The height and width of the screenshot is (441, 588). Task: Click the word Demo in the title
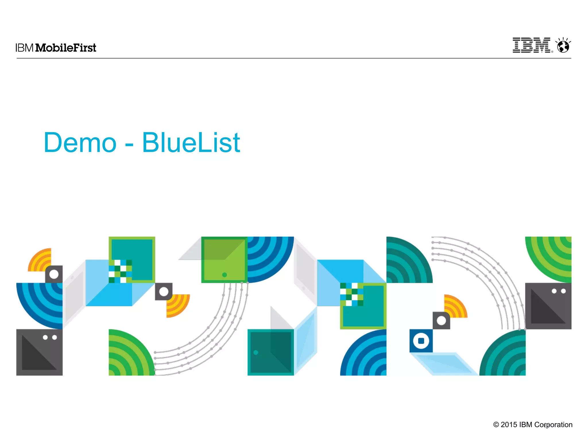click(x=80, y=143)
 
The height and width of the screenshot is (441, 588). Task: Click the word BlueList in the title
click(x=191, y=143)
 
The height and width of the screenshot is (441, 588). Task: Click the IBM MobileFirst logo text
click(x=56, y=48)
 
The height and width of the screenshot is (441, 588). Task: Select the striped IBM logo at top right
click(x=532, y=45)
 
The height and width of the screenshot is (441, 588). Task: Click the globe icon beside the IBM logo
click(x=563, y=46)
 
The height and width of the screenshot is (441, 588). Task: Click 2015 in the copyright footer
click(x=509, y=425)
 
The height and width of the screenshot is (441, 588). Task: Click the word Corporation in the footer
click(x=553, y=425)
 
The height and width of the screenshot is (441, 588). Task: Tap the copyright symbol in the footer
click(x=496, y=425)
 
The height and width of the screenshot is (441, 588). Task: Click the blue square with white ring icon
click(x=421, y=341)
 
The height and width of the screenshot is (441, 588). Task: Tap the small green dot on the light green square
click(x=225, y=275)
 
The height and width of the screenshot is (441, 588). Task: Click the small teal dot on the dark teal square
click(x=256, y=352)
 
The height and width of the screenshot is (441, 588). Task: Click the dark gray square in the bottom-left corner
click(x=39, y=352)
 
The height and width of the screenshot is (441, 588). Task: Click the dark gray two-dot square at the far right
click(x=548, y=306)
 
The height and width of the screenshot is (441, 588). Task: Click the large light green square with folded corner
click(x=224, y=260)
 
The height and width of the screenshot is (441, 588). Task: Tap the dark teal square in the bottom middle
click(x=270, y=352)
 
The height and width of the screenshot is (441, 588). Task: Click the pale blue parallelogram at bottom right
click(x=444, y=364)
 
